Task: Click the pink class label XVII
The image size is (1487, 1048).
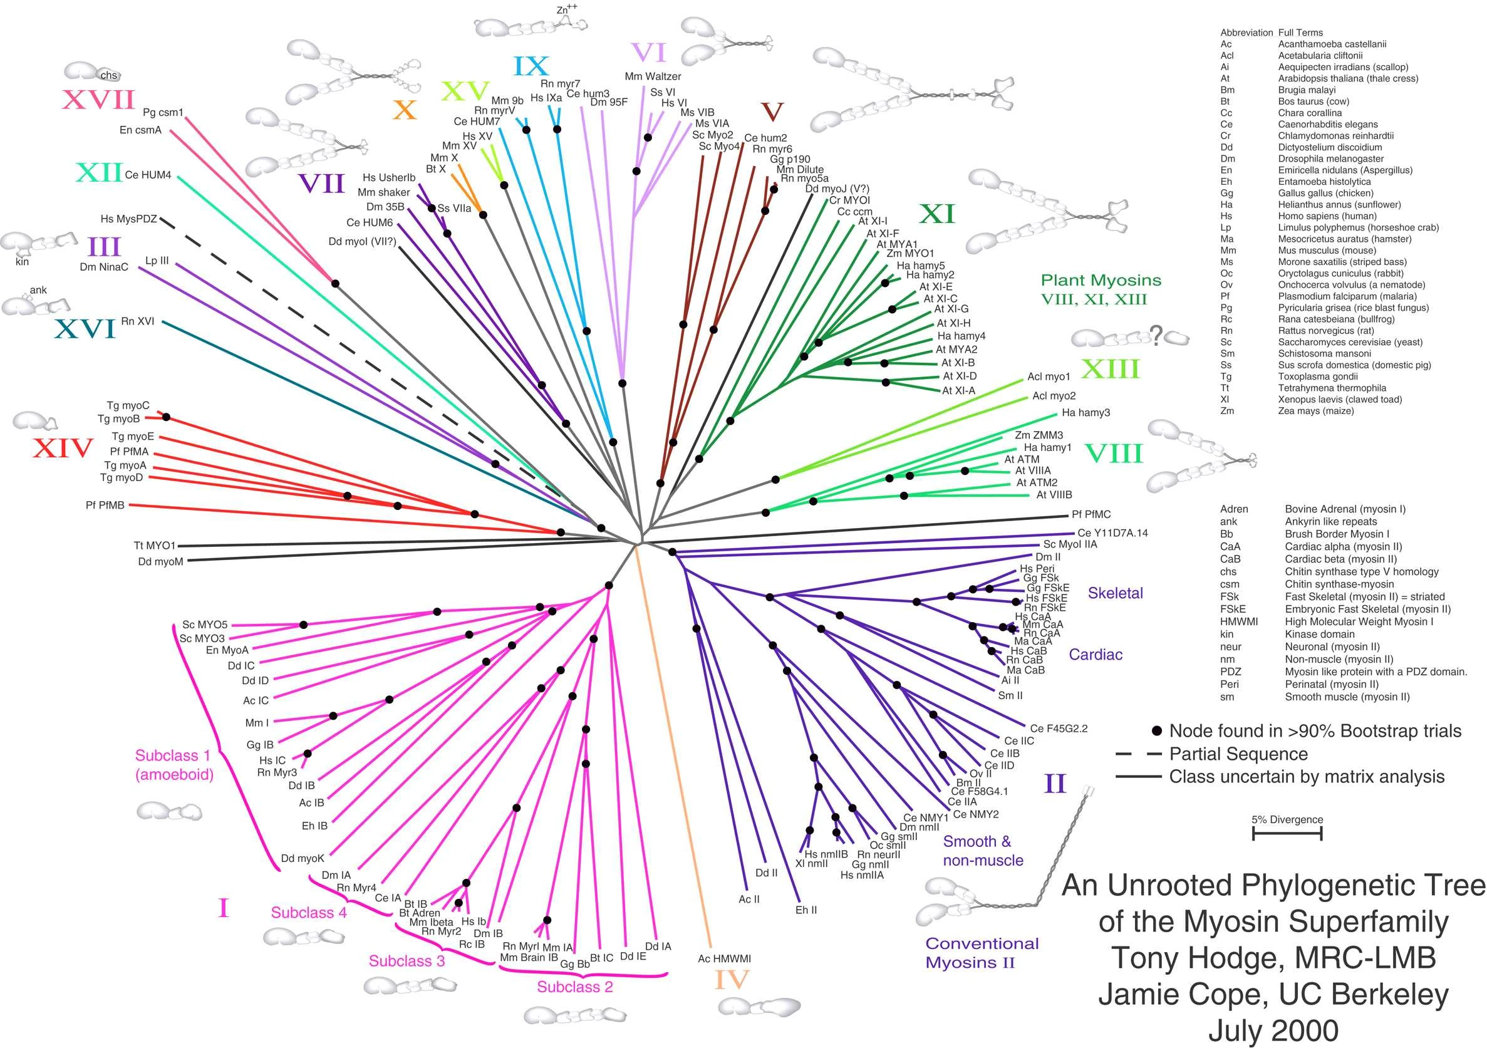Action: coord(98,100)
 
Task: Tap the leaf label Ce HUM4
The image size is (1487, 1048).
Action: coord(148,175)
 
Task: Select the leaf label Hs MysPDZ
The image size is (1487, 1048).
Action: coord(128,219)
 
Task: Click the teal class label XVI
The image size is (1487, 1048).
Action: coord(85,329)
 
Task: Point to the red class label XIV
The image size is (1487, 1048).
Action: coord(63,447)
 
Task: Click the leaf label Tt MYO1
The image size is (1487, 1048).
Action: coord(154,546)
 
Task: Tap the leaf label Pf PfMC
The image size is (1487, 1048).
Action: coord(1091,514)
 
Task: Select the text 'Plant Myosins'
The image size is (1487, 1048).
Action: coord(1101,281)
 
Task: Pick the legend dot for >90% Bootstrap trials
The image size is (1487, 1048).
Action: coord(1157,731)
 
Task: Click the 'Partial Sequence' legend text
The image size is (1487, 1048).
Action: coord(1238,754)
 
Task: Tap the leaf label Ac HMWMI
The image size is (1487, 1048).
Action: coord(724,958)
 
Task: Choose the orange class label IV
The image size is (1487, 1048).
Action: coord(731,980)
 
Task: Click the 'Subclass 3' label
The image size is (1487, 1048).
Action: coord(407,960)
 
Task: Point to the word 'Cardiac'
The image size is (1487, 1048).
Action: coord(1095,654)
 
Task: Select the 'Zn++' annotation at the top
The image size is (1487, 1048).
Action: coord(567,10)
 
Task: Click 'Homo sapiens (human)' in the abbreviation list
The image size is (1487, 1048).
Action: coord(1327,215)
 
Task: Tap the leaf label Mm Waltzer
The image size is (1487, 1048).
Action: coord(652,76)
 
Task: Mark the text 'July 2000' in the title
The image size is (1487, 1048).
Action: coord(1273,1030)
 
